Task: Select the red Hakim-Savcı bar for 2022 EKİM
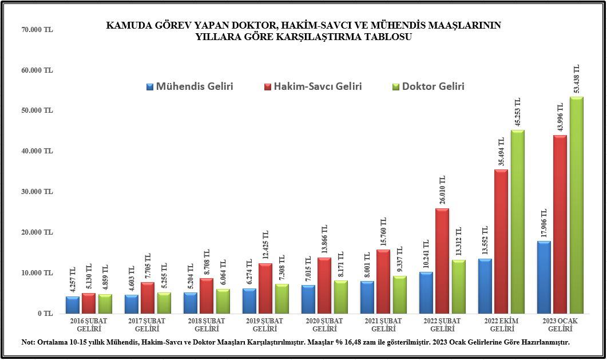click(x=501, y=241)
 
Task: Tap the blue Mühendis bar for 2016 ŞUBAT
click(x=73, y=304)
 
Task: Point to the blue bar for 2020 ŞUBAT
click(x=309, y=299)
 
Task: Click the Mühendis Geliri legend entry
click(x=190, y=87)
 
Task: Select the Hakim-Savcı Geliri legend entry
click(x=313, y=87)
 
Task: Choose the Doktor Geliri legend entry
click(x=428, y=87)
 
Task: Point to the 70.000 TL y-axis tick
click(x=37, y=29)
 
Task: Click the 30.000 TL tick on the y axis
click(x=37, y=192)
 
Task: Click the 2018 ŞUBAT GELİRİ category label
click(x=207, y=325)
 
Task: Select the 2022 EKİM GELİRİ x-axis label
click(x=501, y=325)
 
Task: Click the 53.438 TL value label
click(x=576, y=79)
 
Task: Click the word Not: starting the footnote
click(x=29, y=342)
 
